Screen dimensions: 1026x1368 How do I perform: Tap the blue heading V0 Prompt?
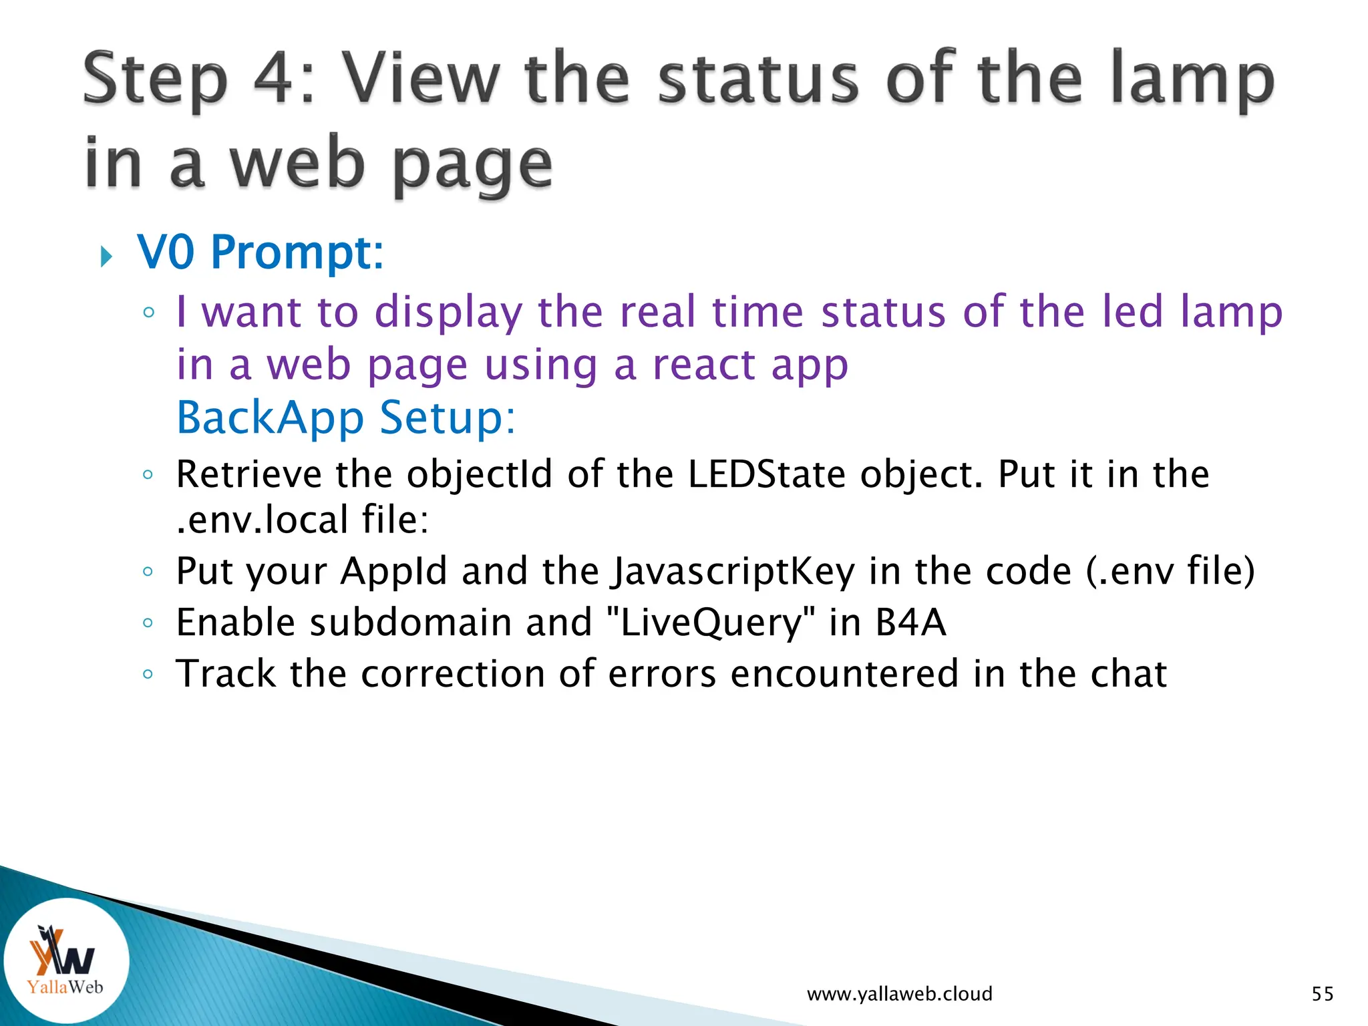pos(261,253)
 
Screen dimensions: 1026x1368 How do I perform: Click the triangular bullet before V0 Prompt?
pos(106,256)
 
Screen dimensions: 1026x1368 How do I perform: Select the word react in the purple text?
pos(703,365)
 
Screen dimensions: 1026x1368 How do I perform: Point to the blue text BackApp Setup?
pos(346,418)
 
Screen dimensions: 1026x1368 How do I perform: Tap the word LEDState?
pos(767,475)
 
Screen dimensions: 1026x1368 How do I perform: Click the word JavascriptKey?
pos(733,572)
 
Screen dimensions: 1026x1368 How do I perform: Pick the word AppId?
pos(393,572)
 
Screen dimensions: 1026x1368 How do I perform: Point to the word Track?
pos(226,674)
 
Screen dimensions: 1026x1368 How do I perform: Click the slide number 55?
pos(1322,994)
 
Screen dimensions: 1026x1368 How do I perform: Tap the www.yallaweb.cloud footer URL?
pos(899,994)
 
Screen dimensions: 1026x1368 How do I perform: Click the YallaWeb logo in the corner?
pos(65,960)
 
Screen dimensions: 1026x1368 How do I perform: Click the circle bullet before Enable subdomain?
pos(148,623)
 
